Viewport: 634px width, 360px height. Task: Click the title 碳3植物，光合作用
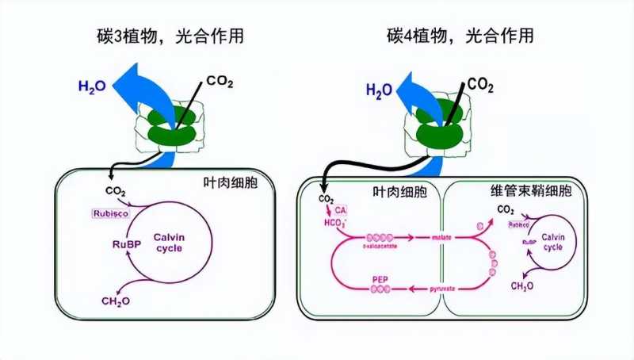pos(162,35)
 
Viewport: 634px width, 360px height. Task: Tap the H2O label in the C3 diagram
pos(92,86)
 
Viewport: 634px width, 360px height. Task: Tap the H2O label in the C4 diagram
pos(380,90)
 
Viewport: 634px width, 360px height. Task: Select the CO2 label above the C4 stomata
pos(481,84)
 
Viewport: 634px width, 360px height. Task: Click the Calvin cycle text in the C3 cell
pos(169,243)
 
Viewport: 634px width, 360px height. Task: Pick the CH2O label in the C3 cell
pos(116,301)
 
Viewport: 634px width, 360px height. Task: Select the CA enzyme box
pos(341,209)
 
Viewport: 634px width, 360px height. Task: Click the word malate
pos(441,236)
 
